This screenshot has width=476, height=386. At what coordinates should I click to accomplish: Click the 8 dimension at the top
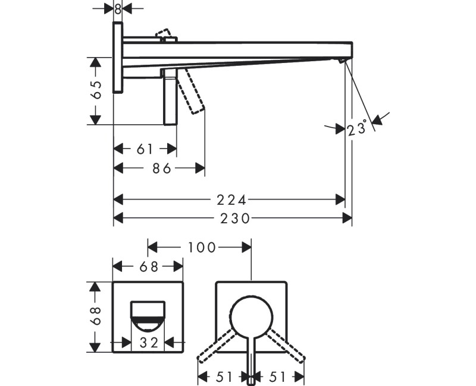118,9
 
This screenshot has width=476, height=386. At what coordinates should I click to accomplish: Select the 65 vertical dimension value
96,90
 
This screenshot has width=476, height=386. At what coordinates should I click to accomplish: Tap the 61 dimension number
145,149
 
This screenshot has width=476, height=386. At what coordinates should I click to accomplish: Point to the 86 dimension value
162,168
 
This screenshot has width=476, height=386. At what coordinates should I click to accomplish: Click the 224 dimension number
231,200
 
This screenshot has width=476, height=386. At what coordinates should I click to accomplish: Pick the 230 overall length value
234,218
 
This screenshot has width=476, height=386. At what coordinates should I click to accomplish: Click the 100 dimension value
202,248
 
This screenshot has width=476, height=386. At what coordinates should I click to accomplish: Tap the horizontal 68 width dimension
149,267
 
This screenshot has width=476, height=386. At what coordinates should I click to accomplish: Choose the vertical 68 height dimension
96,316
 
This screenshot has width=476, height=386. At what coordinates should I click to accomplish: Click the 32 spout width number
149,343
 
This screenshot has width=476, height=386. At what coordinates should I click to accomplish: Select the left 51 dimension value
224,377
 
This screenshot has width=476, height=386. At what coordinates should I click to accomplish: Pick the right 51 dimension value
277,377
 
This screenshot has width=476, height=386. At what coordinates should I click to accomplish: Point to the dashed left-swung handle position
217,346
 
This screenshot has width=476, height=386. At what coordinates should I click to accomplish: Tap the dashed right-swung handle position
286,346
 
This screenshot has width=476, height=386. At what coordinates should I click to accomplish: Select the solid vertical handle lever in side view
170,97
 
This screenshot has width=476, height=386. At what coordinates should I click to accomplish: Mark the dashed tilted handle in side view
190,91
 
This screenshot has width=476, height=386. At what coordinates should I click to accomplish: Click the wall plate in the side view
118,58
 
